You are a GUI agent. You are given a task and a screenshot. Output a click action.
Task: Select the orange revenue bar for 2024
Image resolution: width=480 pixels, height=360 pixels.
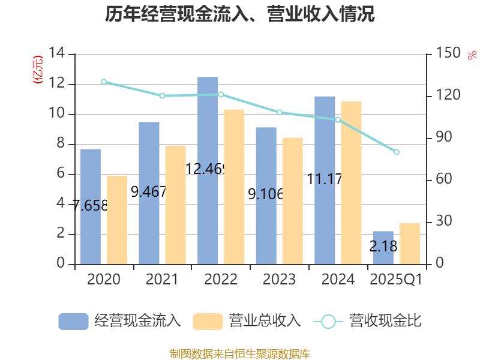[352, 182]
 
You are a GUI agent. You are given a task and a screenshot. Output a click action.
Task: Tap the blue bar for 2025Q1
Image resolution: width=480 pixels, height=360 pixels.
[383, 247]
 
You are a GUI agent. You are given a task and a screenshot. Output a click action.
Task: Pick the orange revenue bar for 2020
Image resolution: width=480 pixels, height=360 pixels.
[117, 219]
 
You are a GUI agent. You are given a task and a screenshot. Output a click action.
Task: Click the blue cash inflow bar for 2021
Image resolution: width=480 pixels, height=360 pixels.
[149, 193]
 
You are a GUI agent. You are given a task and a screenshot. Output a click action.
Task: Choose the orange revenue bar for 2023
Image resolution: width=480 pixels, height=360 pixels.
[293, 200]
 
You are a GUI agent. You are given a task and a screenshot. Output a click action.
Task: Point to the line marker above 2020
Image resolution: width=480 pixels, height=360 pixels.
[104, 82]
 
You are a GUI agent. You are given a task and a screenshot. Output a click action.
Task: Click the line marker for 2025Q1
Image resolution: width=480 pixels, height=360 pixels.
[396, 152]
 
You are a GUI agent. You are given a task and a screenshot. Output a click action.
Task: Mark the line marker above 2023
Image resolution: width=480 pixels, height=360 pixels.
[280, 112]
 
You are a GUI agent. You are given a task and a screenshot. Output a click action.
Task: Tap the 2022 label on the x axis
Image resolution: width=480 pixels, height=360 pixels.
[221, 280]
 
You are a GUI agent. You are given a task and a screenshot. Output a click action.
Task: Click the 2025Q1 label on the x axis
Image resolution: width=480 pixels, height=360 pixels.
[396, 280]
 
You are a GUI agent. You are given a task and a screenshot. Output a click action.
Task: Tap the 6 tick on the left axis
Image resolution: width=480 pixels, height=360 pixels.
[60, 174]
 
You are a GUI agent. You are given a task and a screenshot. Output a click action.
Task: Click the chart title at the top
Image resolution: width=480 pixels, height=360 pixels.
[240, 14]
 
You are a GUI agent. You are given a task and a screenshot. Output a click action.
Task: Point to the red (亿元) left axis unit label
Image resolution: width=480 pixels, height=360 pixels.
[38, 69]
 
